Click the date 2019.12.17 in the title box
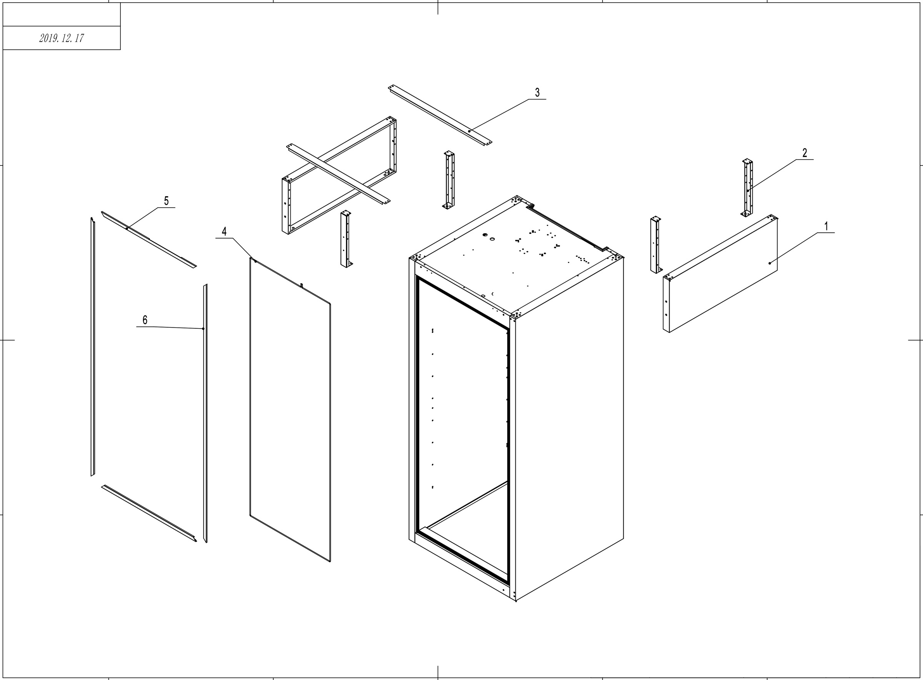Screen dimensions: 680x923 pyautogui.click(x=62, y=38)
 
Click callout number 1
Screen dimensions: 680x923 pyautogui.click(x=826, y=227)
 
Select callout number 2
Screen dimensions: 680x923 pyautogui.click(x=805, y=153)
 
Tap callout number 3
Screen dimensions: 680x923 pyautogui.click(x=537, y=93)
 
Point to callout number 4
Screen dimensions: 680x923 pyautogui.click(x=224, y=231)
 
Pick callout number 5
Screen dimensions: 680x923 pyautogui.click(x=166, y=201)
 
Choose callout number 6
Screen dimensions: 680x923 pyautogui.click(x=145, y=320)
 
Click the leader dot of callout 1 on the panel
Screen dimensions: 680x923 pyautogui.click(x=770, y=263)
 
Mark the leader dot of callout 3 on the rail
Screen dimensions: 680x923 pyautogui.click(x=469, y=131)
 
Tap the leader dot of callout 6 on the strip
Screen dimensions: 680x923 pyautogui.click(x=203, y=329)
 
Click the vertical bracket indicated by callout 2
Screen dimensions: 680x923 pyautogui.click(x=747, y=187)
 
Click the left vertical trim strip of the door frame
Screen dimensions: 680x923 pyautogui.click(x=93, y=346)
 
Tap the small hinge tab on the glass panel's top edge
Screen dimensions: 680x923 pyautogui.click(x=302, y=285)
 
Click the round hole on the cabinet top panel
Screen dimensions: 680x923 pyautogui.click(x=485, y=235)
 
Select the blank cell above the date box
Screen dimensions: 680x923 pyautogui.click(x=62, y=14)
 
